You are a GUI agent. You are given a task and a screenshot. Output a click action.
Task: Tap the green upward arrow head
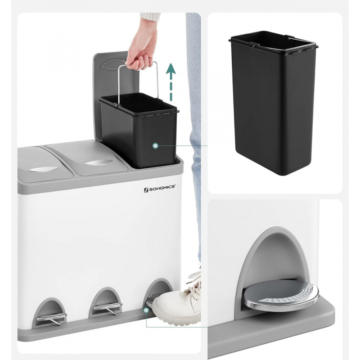pyautogui.click(x=171, y=69)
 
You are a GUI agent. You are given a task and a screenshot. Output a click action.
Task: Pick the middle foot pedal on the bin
pyautogui.click(x=108, y=307)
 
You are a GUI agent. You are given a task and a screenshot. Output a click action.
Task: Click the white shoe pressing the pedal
pyautogui.click(x=177, y=303)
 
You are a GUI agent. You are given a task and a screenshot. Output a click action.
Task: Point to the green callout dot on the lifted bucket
pyautogui.click(x=155, y=145)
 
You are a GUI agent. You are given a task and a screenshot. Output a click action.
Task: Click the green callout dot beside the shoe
pyautogui.click(x=146, y=310)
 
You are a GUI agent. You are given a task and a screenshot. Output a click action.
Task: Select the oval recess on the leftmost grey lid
pyautogui.click(x=44, y=169)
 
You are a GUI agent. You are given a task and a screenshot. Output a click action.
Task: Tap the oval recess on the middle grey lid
pyautogui.click(x=99, y=162)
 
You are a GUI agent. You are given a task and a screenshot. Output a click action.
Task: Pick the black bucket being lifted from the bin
pyautogui.click(x=139, y=130)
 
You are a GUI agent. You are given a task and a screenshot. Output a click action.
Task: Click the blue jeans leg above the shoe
pyautogui.click(x=194, y=138)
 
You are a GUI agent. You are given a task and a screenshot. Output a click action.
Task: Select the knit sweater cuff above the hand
pyautogui.click(x=151, y=17)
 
